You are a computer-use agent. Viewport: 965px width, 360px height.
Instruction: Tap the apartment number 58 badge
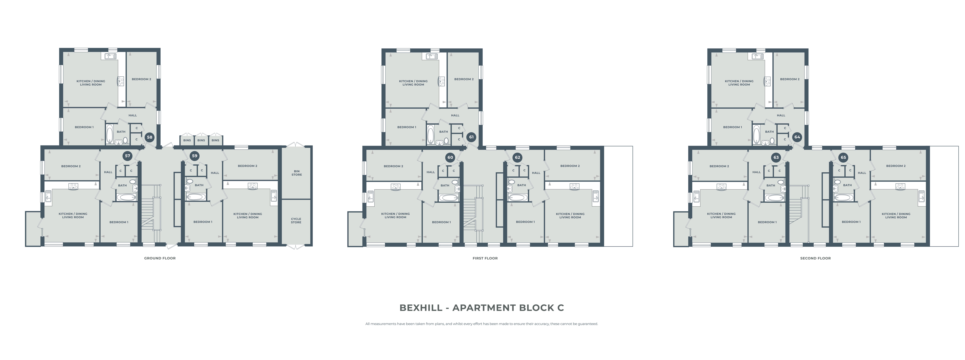(149, 137)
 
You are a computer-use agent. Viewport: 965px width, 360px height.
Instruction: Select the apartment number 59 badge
(194, 156)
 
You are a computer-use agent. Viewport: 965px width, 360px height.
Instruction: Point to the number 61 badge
(471, 137)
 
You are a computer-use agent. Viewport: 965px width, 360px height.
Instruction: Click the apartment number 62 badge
(517, 157)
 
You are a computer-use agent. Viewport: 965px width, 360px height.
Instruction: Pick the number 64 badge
(797, 137)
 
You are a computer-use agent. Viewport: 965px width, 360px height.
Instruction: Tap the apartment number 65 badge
(843, 157)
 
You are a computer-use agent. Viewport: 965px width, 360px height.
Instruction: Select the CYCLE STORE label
(296, 221)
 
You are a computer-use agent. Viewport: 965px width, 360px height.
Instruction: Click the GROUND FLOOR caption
(160, 258)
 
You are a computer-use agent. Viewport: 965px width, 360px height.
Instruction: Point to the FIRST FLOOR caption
(485, 258)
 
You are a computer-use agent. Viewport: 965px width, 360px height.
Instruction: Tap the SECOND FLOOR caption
(816, 258)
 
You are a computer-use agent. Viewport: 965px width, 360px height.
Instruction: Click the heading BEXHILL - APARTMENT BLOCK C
(482, 308)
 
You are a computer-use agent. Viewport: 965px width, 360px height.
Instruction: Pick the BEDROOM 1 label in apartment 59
(203, 222)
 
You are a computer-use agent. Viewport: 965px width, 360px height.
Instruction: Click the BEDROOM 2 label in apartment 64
(790, 79)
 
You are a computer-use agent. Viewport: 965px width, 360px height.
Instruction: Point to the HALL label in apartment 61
(455, 115)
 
